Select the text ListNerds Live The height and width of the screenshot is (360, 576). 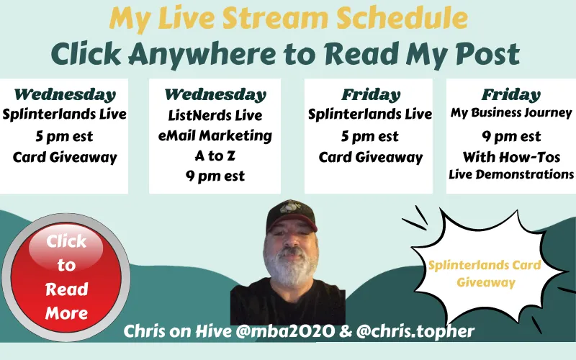coord(215,115)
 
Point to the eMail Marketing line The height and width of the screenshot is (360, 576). coord(215,135)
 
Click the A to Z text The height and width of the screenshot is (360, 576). coord(215,156)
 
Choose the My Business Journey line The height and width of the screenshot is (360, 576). coord(511,113)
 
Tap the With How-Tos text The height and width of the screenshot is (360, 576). coord(511,156)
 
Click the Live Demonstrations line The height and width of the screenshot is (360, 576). coord(511,174)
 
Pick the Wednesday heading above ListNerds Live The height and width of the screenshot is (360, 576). coord(215,94)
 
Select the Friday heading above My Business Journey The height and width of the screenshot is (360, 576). coord(511,94)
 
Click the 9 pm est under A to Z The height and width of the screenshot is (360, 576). coord(215,176)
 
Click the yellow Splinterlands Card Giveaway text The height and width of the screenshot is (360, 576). coord(484,274)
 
